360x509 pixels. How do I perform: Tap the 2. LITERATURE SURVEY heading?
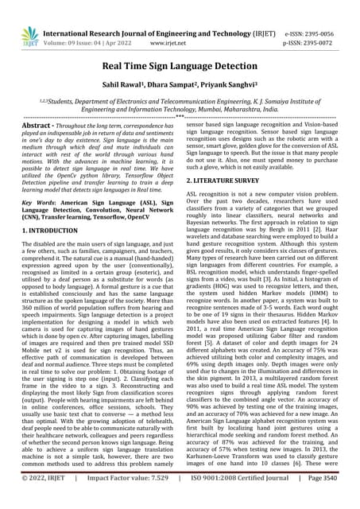pos(226,181)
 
